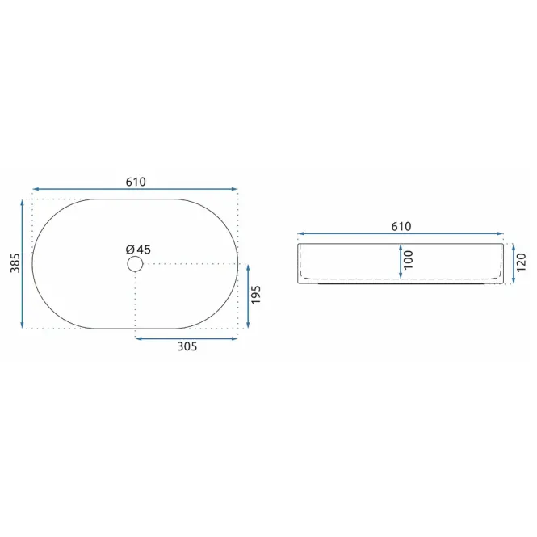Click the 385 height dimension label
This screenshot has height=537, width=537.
(15, 263)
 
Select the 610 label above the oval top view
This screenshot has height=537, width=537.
(136, 182)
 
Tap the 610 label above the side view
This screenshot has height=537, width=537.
(401, 226)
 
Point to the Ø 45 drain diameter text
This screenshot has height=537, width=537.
(138, 250)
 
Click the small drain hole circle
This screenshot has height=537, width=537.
(135, 264)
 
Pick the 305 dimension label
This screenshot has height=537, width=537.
(187, 346)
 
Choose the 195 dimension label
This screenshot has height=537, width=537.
(256, 295)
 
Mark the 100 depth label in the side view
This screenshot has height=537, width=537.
(409, 260)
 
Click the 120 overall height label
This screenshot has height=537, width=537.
(521, 262)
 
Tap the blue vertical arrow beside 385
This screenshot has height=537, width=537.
(23, 264)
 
